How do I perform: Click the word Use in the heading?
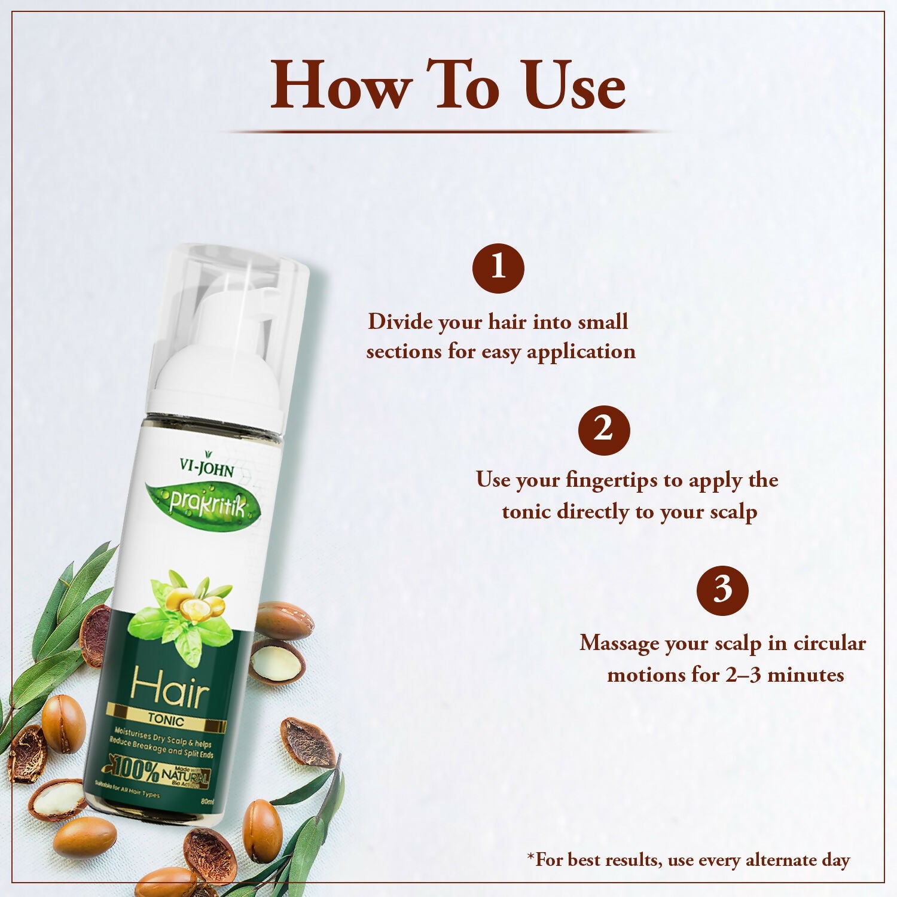(x=573, y=87)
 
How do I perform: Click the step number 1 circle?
(x=498, y=267)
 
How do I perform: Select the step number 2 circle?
(x=604, y=429)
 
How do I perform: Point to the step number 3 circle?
(x=722, y=590)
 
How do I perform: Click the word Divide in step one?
(x=400, y=322)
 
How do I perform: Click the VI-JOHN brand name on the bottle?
(x=207, y=467)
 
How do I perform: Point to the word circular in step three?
(x=829, y=643)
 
